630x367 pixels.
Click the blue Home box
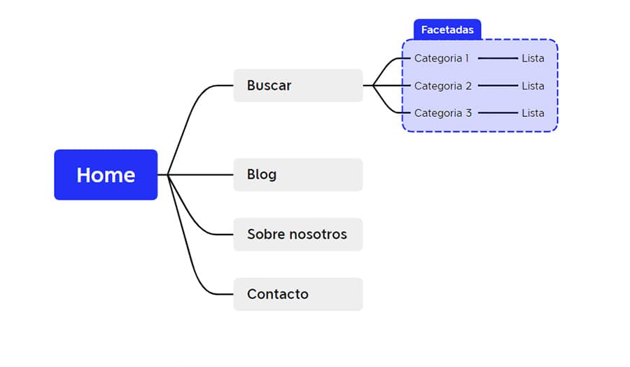pos(106,174)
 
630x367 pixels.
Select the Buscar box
pos(297,85)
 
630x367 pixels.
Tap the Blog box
pos(297,174)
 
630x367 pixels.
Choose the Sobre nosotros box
pos(297,234)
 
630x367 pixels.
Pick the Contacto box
pos(297,294)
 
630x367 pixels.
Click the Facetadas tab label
pos(447,29)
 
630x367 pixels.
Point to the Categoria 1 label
pos(442,58)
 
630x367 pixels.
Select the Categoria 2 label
pos(443,86)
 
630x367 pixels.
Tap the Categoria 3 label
pos(443,113)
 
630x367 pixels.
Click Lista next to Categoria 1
pos(533,58)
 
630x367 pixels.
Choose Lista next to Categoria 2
pos(533,86)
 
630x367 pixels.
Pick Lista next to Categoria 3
pos(533,113)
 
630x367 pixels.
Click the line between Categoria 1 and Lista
pos(497,58)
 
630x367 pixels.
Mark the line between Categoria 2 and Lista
pos(497,86)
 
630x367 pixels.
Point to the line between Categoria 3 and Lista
pos(497,113)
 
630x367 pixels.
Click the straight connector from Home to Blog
pos(203,174)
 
